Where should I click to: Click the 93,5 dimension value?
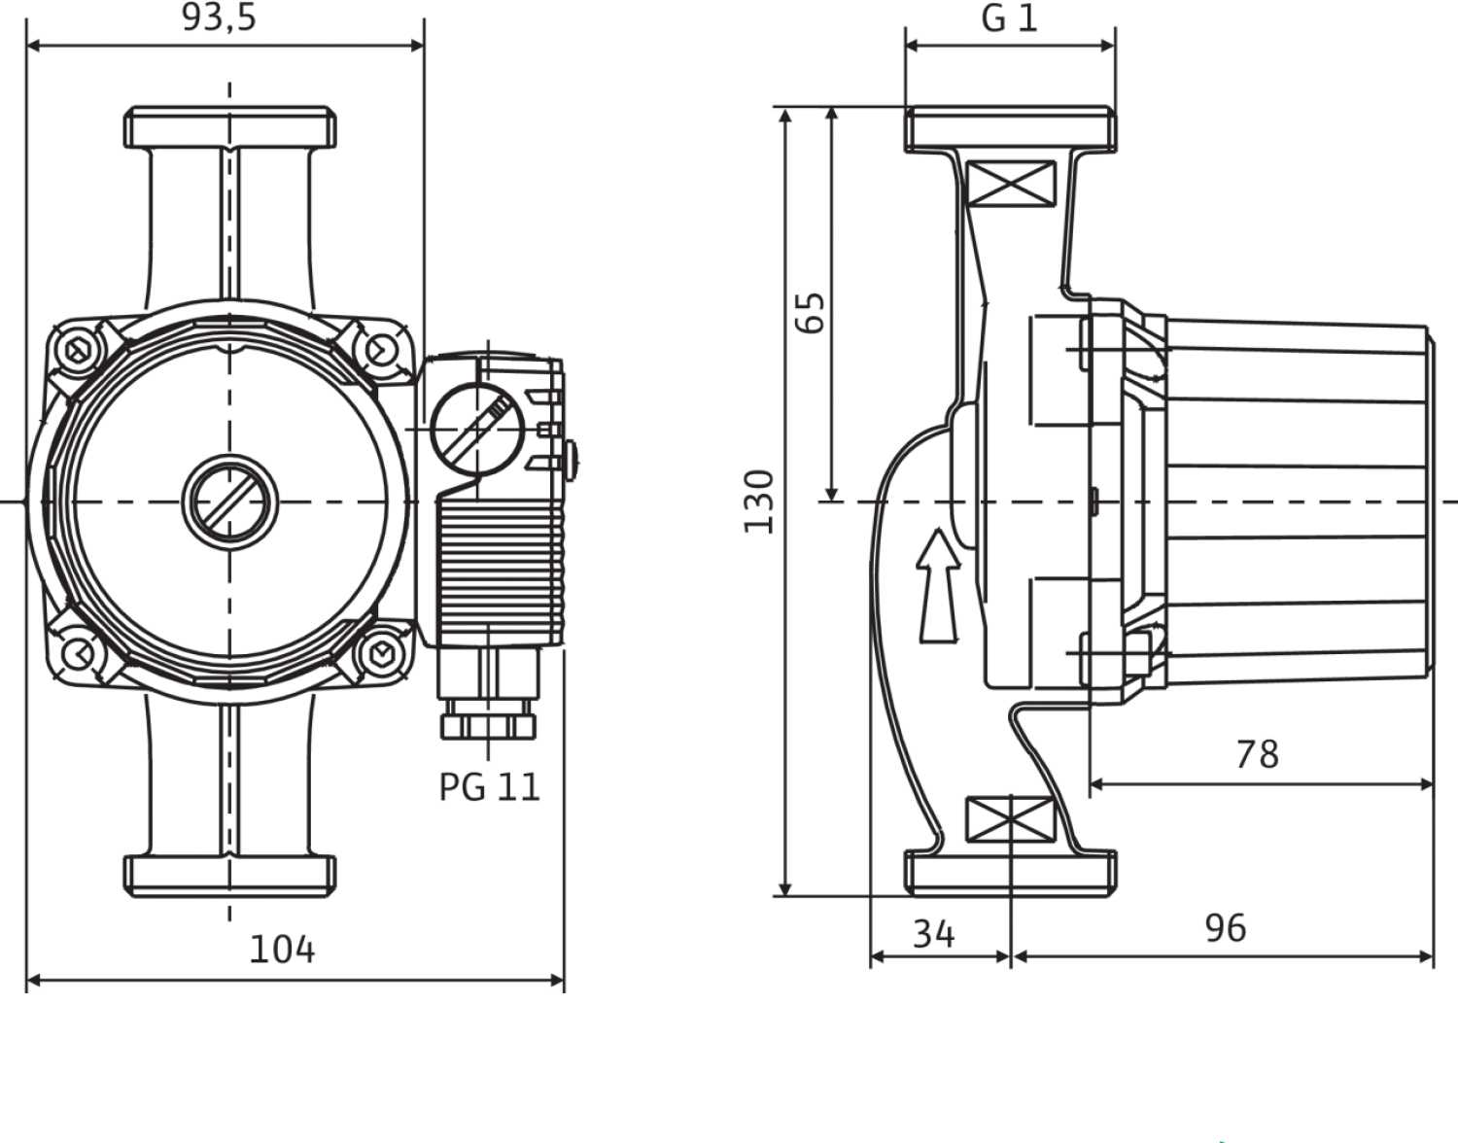(220, 17)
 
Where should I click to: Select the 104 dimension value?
(282, 950)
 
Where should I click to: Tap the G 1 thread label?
(1009, 18)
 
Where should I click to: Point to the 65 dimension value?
(810, 313)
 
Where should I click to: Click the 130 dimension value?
(759, 502)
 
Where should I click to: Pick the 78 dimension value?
(1258, 754)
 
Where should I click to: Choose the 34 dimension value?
(934, 934)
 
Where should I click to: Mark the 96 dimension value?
(1226, 928)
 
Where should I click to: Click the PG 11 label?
(489, 787)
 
